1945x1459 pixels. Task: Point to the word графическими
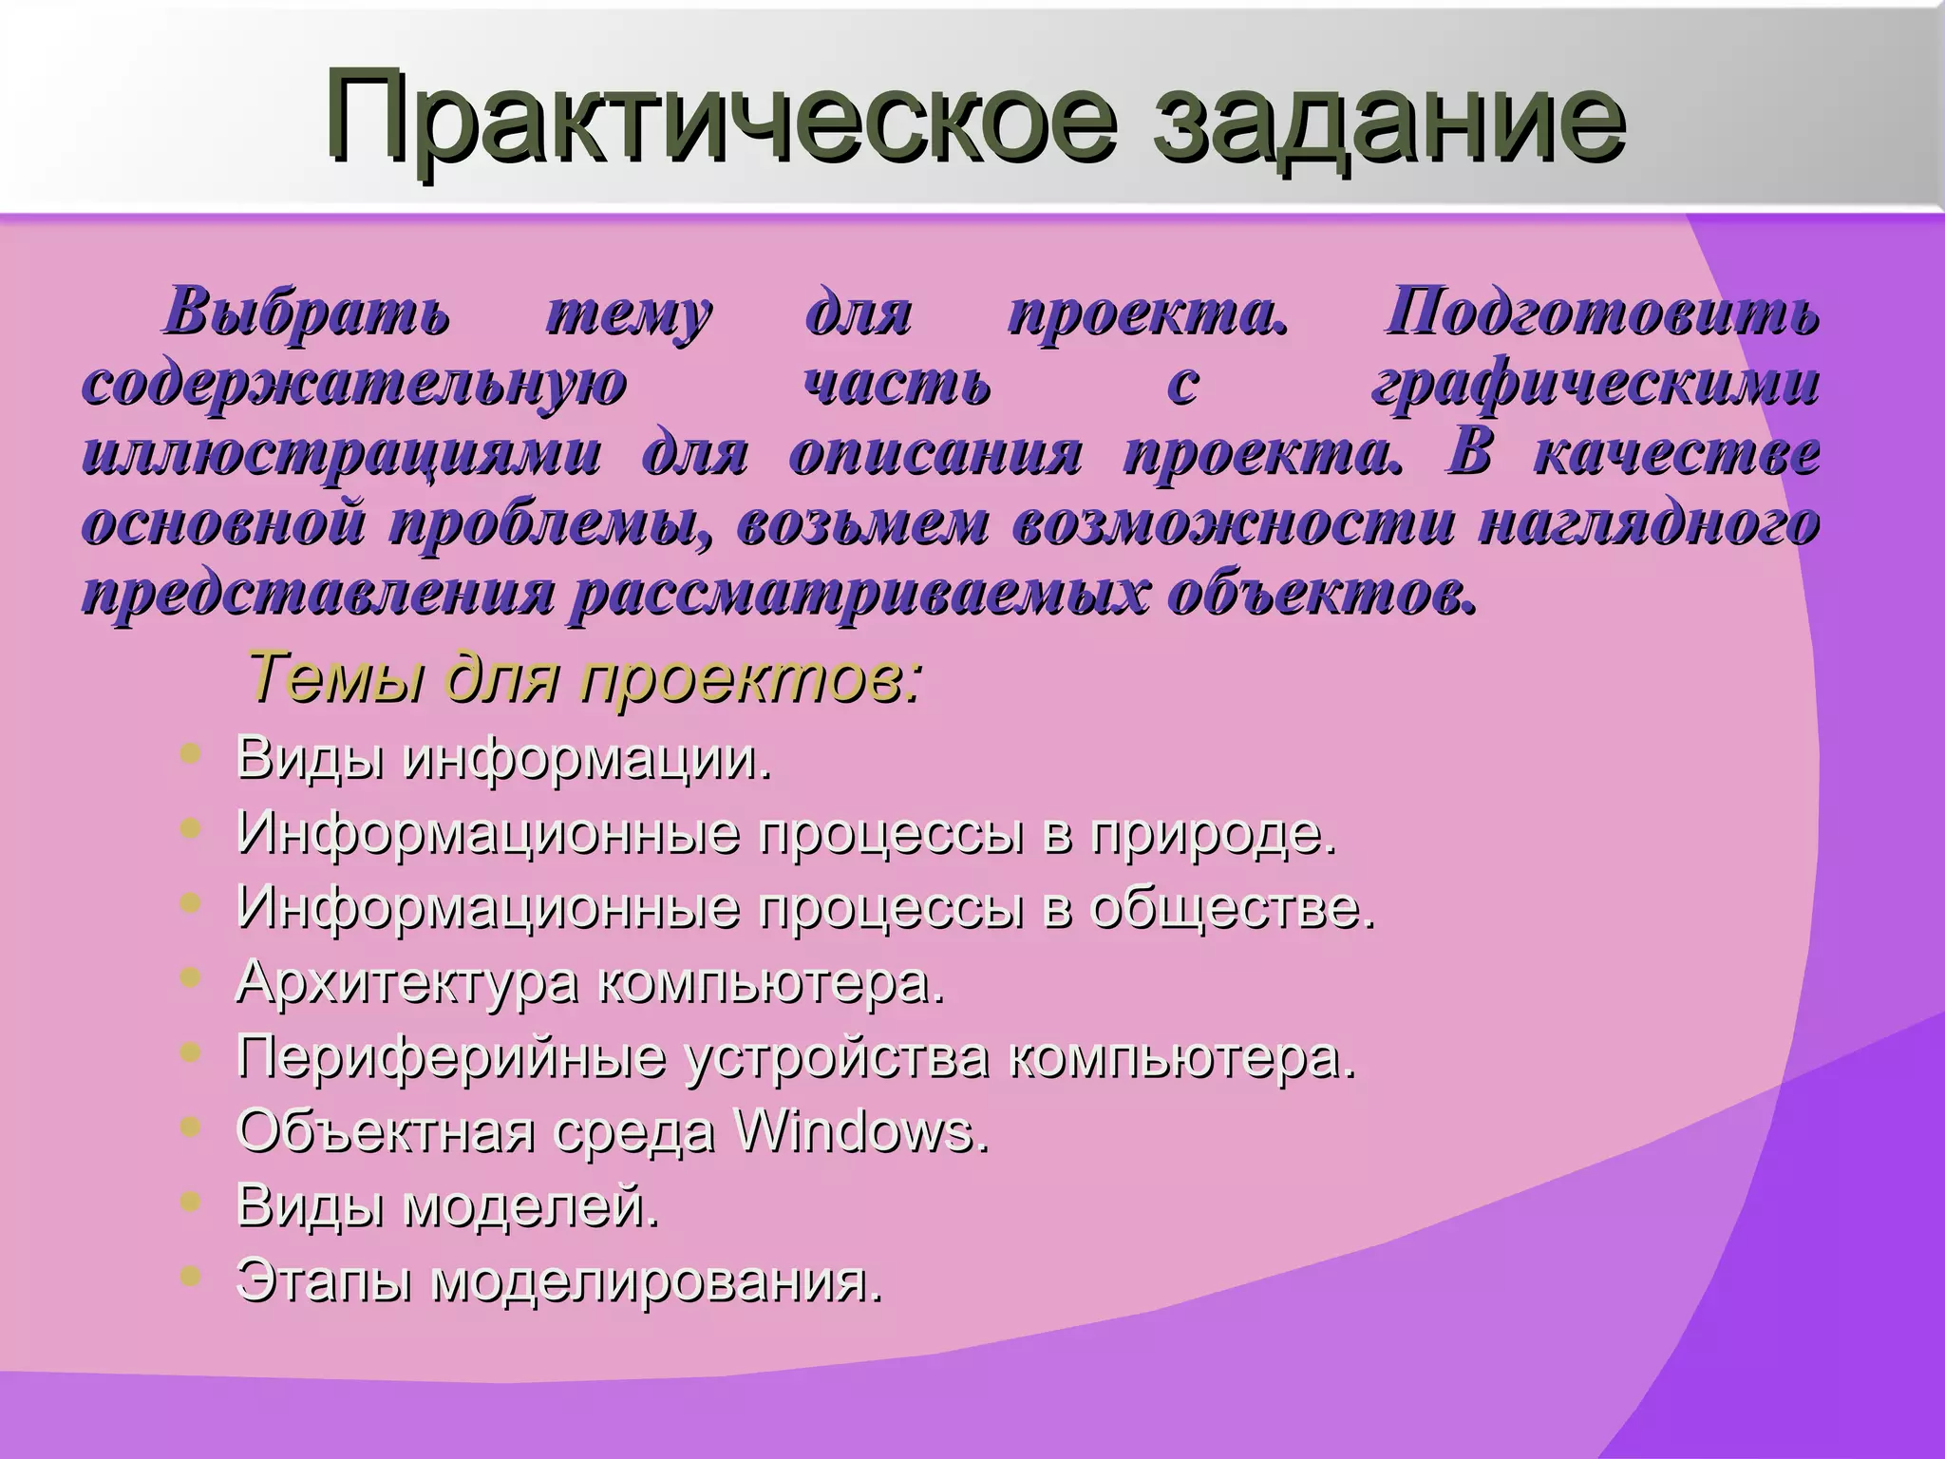(x=1596, y=386)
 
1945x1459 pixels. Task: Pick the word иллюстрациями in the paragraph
(x=342, y=454)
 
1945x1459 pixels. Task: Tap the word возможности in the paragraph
(x=1234, y=523)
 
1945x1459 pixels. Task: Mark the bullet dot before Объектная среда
(x=190, y=1127)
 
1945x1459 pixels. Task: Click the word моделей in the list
(x=532, y=1205)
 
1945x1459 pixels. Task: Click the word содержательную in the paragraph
(x=355, y=386)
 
